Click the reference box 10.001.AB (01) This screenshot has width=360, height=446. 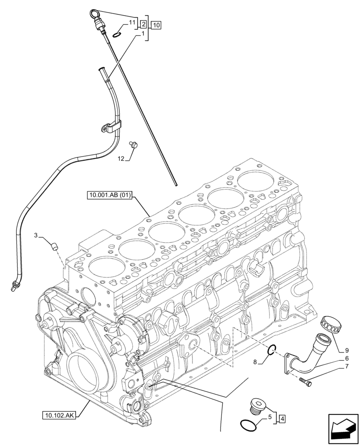[x=110, y=195]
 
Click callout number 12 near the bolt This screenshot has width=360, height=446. [x=121, y=158]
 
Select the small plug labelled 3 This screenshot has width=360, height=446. [x=54, y=246]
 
